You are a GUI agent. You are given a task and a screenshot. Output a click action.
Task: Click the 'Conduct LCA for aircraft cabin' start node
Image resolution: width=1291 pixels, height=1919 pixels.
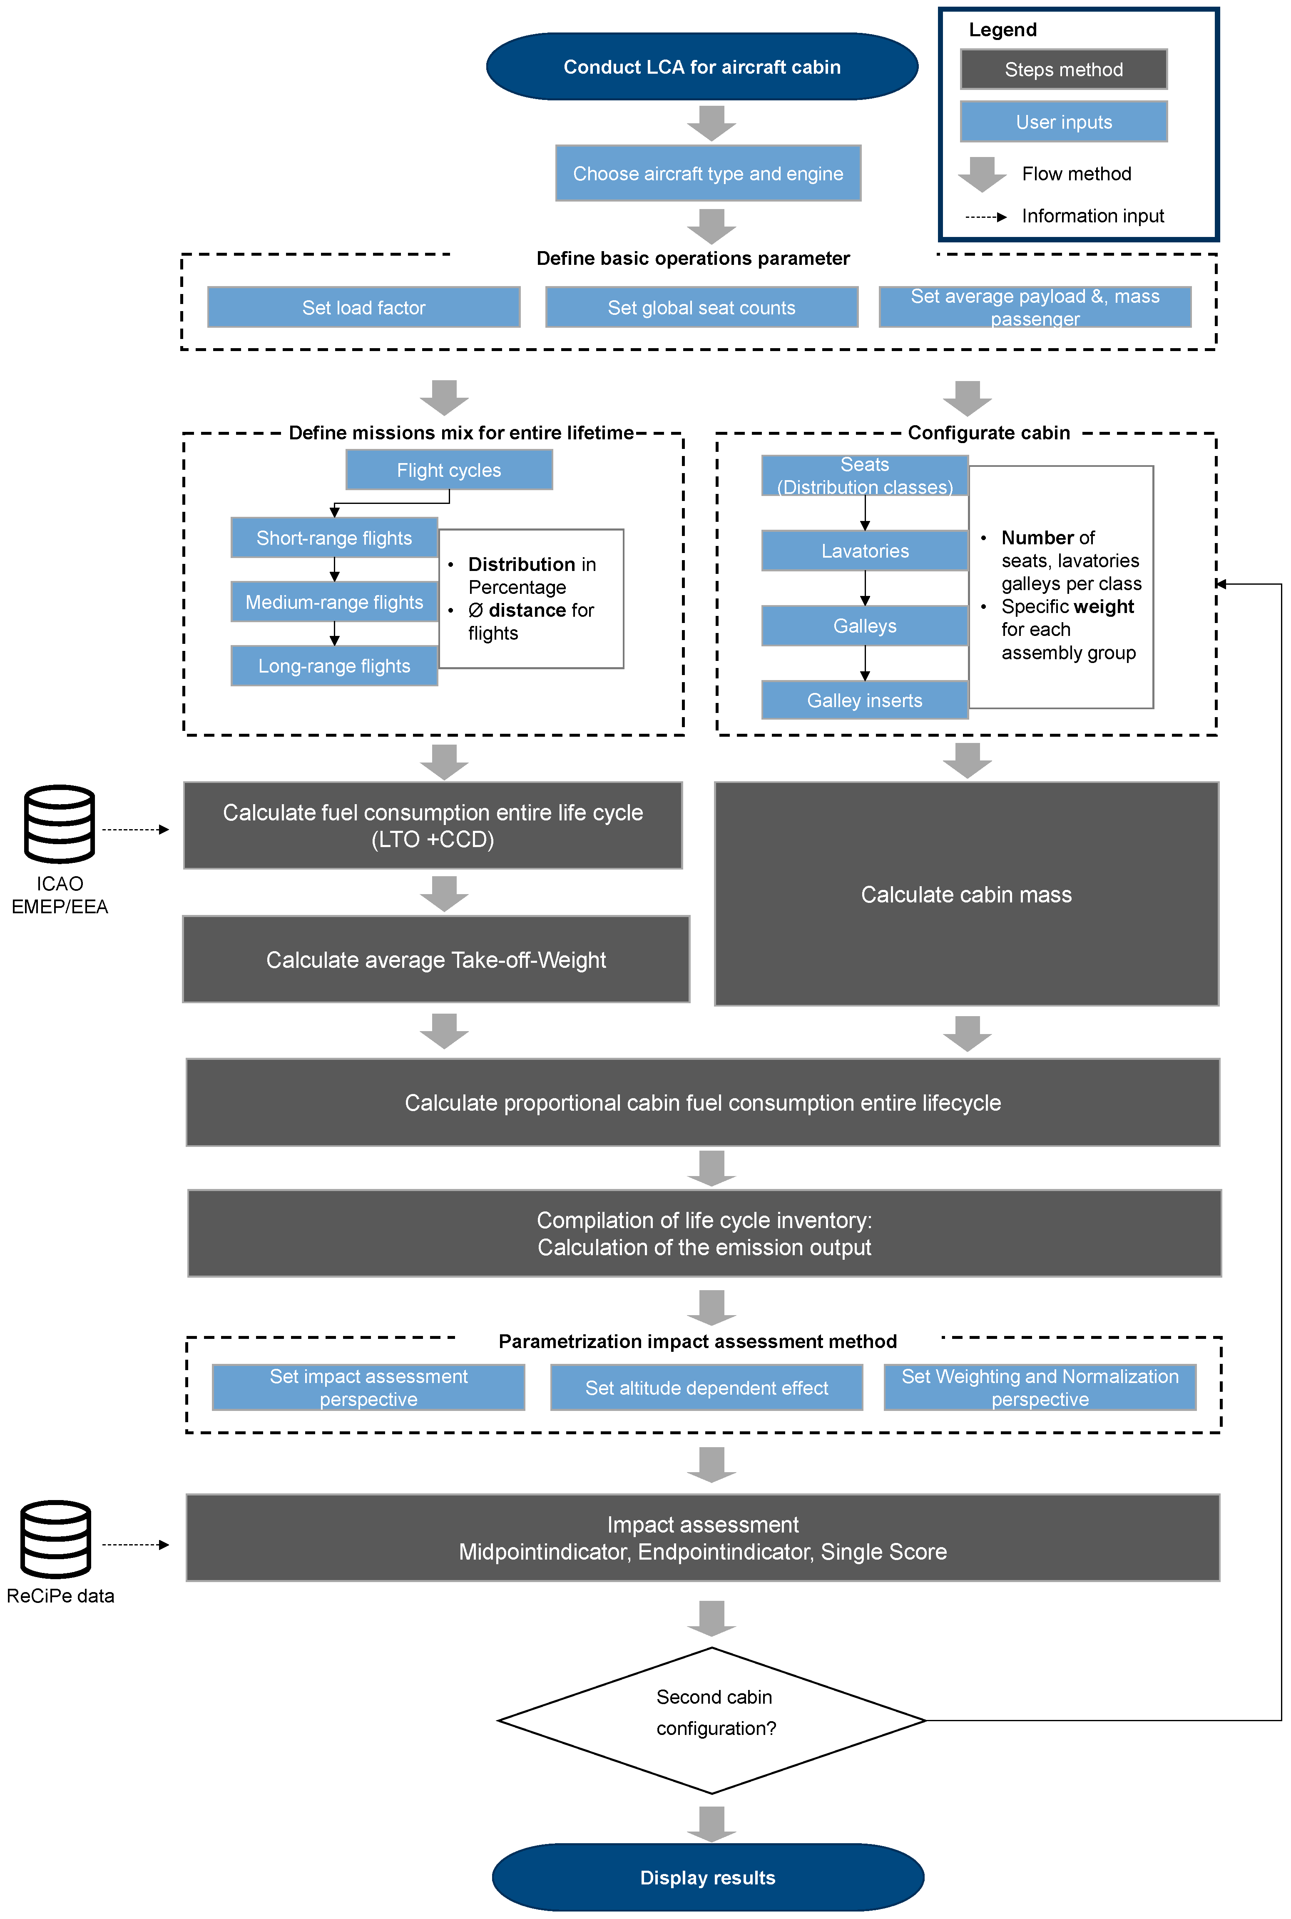click(x=701, y=67)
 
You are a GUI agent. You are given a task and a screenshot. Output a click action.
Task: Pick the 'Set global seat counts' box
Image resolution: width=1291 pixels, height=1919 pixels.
click(x=701, y=307)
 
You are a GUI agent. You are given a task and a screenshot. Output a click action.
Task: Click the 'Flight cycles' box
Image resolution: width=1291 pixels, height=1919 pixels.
click(x=449, y=470)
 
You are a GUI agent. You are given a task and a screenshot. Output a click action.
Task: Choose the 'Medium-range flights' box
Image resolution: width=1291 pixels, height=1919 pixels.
click(x=334, y=602)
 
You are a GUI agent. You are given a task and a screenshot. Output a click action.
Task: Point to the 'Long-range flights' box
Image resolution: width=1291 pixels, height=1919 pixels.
click(x=334, y=665)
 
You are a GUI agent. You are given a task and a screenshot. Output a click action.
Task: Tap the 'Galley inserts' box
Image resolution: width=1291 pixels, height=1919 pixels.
click(x=865, y=700)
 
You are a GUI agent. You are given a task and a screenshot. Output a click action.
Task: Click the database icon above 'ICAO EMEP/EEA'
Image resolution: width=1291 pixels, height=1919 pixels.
click(x=59, y=824)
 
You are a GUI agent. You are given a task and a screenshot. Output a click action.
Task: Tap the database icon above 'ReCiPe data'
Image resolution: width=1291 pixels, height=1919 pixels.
click(x=56, y=1538)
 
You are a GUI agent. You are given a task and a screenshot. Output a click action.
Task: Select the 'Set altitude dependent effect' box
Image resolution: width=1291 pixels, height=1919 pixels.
click(x=706, y=1388)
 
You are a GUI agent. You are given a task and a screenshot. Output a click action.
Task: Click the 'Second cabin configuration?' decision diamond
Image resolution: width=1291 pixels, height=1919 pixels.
click(x=712, y=1720)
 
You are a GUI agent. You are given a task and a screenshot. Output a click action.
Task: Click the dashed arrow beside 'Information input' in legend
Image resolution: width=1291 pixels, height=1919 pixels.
click(x=985, y=217)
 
